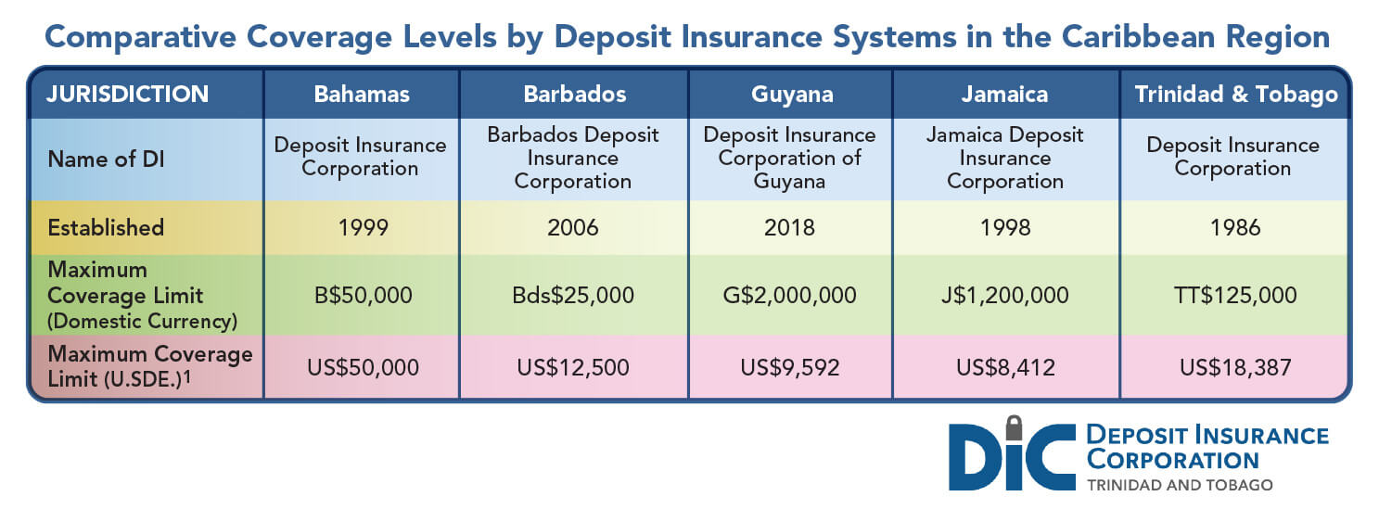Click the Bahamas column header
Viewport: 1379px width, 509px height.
point(362,94)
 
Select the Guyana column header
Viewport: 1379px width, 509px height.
point(790,94)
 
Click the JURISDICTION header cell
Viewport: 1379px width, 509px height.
point(128,94)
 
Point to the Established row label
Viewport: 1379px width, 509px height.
point(106,227)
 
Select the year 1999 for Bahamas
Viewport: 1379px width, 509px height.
point(362,227)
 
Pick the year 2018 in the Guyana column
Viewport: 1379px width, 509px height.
point(790,227)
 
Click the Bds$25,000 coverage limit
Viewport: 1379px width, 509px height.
point(573,296)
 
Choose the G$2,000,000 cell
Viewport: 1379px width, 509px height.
point(790,296)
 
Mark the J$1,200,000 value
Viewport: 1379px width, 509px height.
point(1004,296)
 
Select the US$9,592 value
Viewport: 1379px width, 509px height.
point(790,366)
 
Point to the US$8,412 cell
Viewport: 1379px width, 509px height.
point(1004,366)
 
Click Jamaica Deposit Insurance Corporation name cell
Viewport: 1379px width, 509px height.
point(1004,158)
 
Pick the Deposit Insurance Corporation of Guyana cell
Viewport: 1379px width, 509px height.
point(790,158)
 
